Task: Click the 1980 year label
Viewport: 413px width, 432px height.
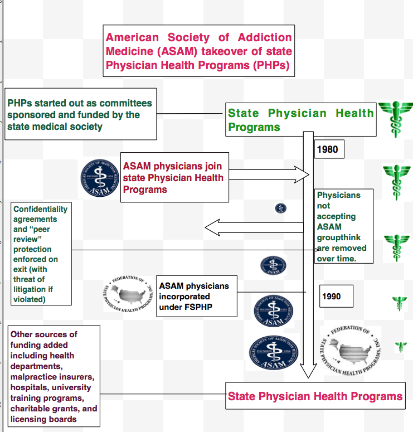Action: (327, 149)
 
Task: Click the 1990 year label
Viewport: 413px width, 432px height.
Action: (331, 297)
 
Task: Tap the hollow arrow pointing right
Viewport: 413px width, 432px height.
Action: (268, 174)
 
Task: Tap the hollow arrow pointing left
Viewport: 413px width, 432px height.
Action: (254, 227)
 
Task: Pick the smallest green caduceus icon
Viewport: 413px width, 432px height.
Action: (400, 347)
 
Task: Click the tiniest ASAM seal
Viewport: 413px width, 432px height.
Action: (280, 208)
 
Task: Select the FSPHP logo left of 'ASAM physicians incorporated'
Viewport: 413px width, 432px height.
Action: (128, 294)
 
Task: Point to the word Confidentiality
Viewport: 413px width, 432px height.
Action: (41, 209)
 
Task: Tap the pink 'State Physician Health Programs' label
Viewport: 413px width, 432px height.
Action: (315, 397)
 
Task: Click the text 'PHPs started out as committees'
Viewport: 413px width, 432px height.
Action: (80, 104)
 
